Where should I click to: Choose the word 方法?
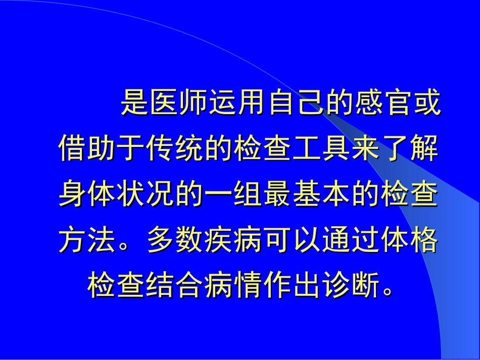tap(88, 241)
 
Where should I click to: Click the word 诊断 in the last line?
tap(351, 286)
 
